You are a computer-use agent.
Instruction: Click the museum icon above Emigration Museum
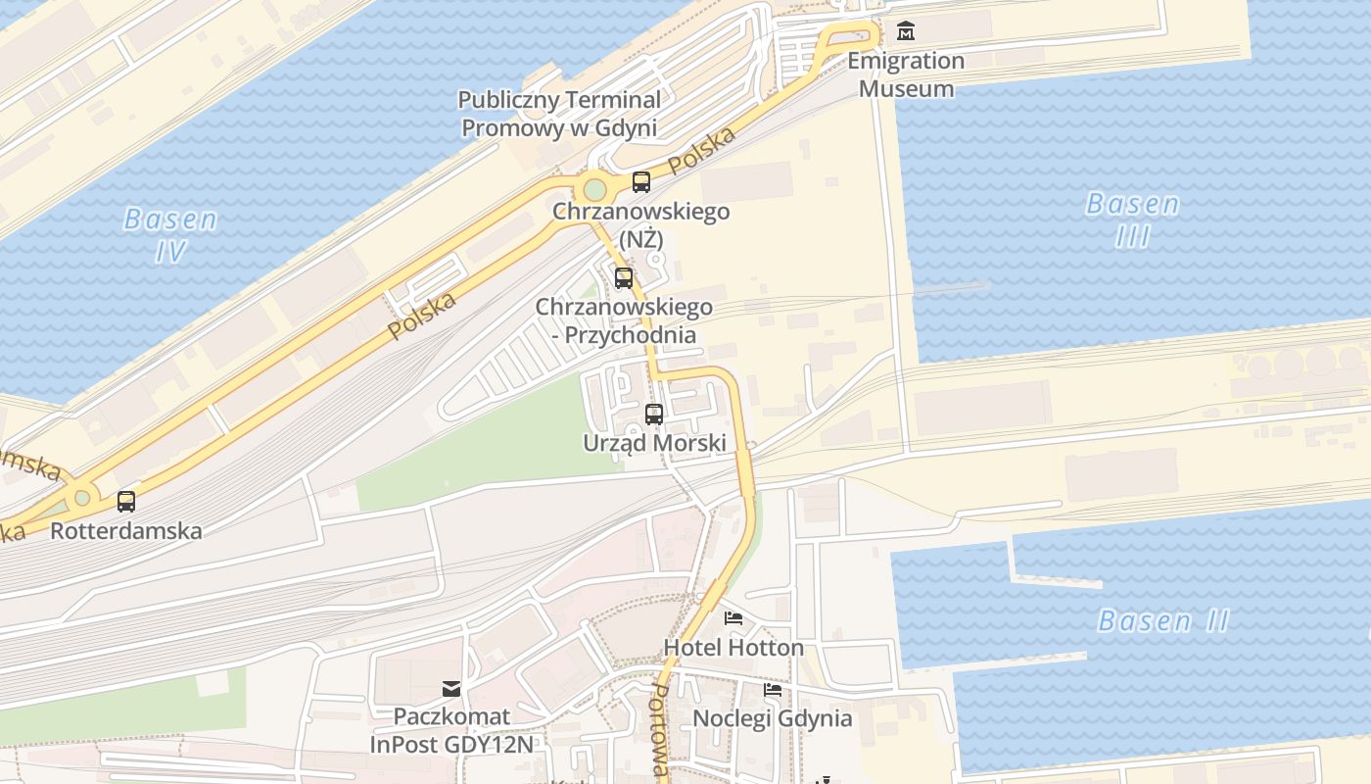[x=906, y=30]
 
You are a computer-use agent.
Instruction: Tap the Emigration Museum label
[x=906, y=74]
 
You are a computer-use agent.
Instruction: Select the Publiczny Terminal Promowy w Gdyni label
[x=559, y=114]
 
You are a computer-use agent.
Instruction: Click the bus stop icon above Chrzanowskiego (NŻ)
[x=641, y=181]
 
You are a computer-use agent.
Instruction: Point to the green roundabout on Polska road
[x=593, y=189]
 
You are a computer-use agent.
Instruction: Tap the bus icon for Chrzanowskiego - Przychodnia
[x=624, y=278]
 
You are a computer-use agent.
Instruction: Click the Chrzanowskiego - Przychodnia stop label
[x=624, y=320]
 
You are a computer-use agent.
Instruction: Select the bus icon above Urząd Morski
[x=654, y=414]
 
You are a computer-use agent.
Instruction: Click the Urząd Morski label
[x=654, y=443]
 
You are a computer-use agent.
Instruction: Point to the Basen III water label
[x=1133, y=220]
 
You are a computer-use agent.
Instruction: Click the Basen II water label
[x=1163, y=620]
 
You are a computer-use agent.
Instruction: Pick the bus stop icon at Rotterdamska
[x=126, y=502]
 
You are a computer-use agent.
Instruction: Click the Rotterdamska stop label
[x=126, y=531]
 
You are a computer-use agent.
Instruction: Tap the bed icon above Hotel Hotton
[x=733, y=618]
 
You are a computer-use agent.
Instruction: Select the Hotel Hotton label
[x=733, y=648]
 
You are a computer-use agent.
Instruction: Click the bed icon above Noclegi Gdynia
[x=773, y=690]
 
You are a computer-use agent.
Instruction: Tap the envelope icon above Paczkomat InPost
[x=451, y=688]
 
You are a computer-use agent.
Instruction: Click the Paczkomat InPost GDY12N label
[x=451, y=730]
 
